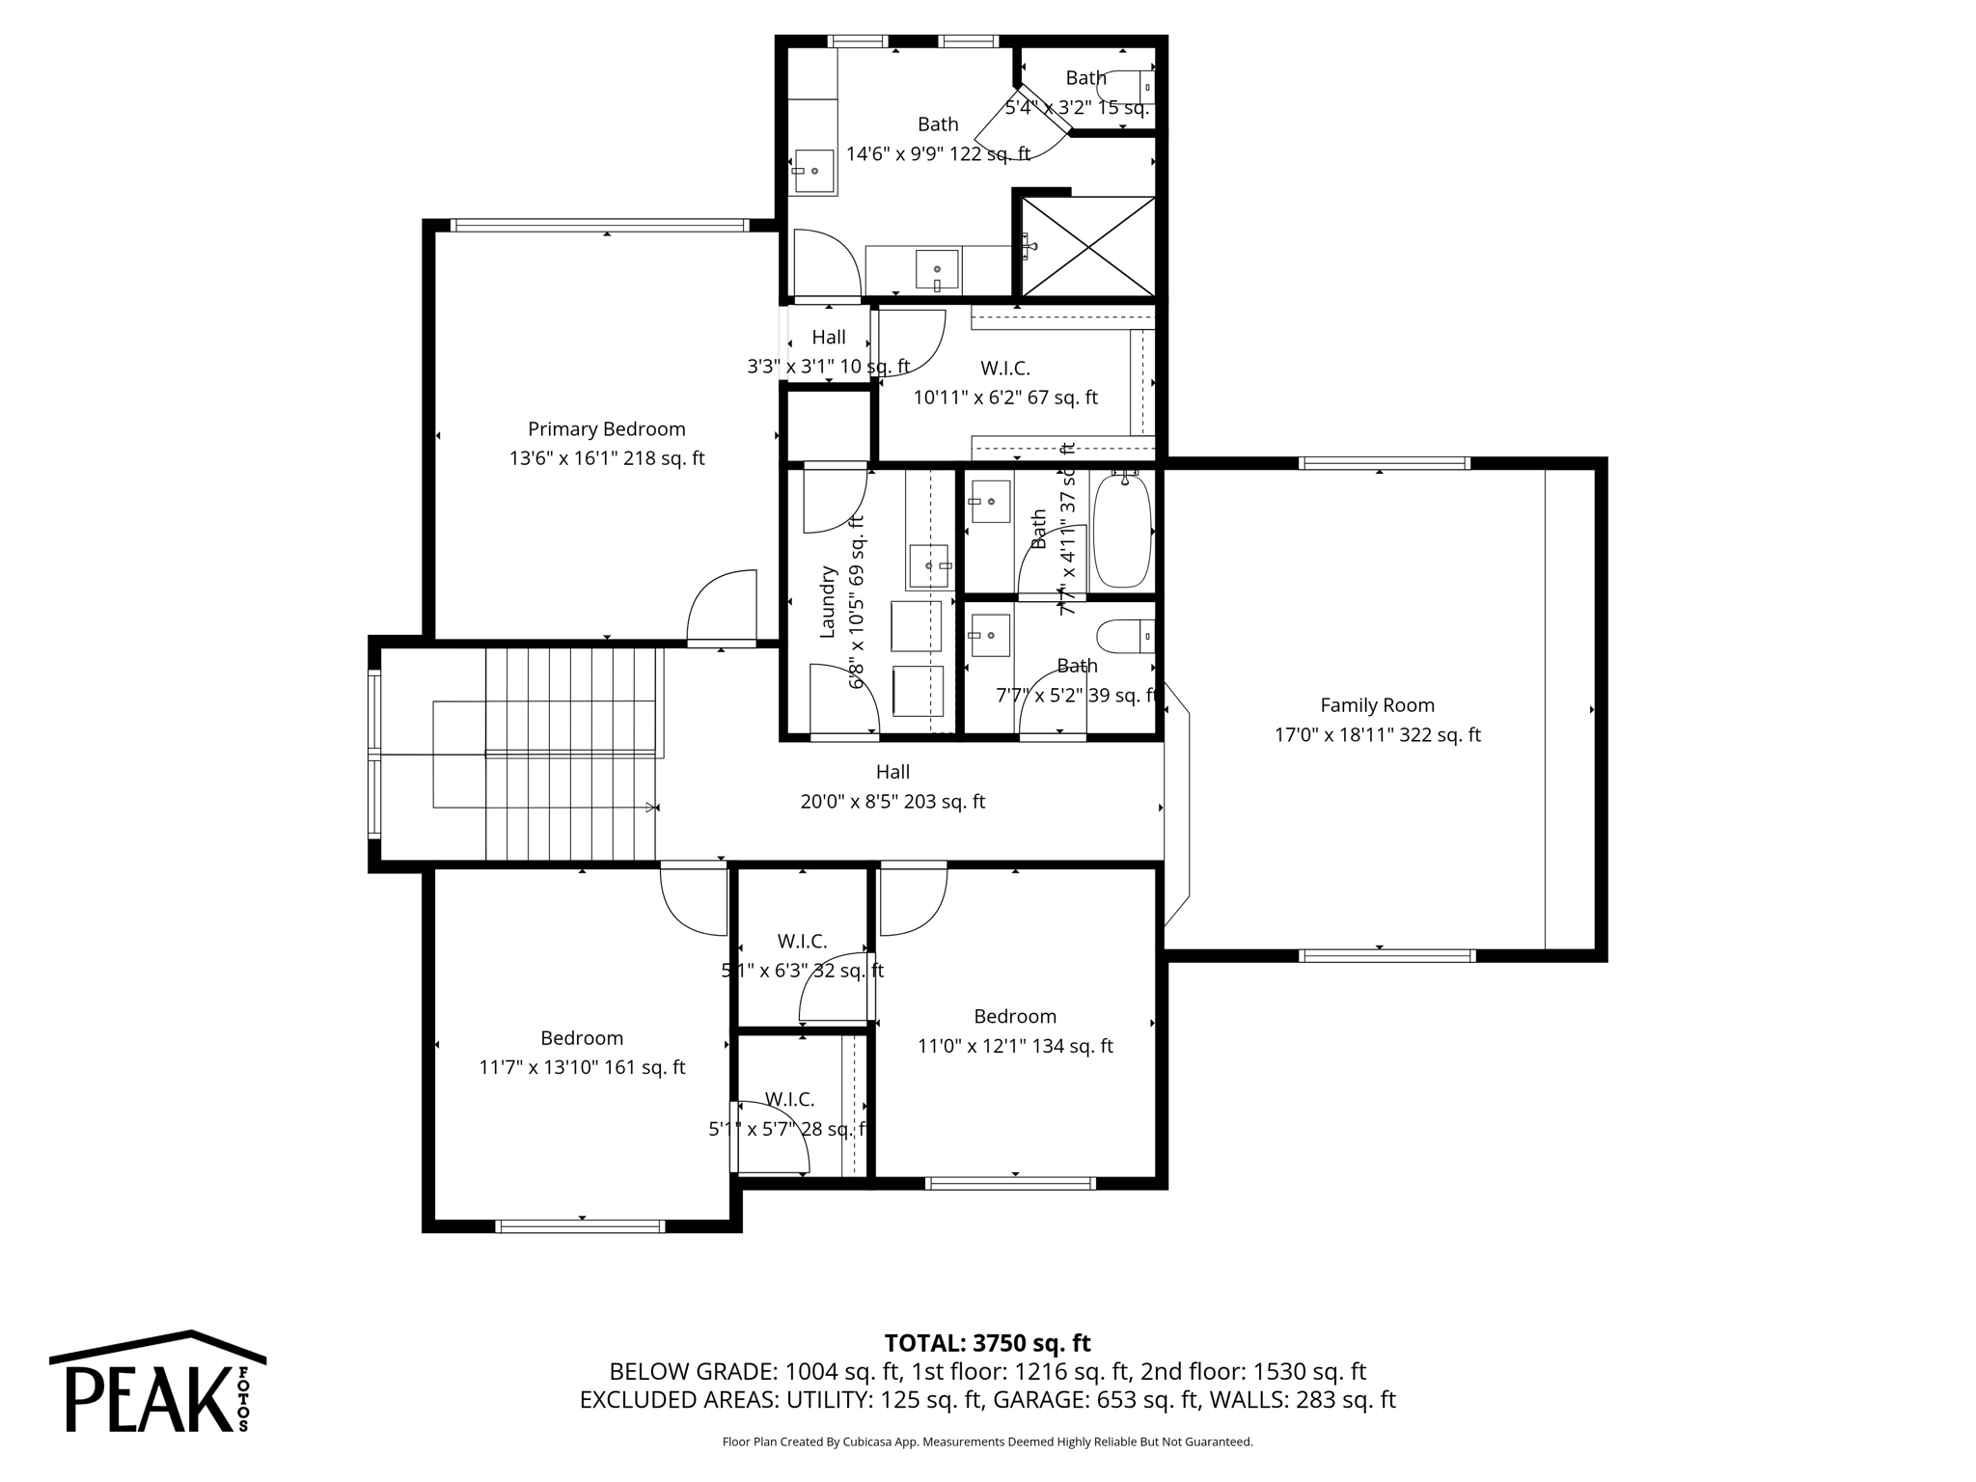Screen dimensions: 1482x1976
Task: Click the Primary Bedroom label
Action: pos(606,429)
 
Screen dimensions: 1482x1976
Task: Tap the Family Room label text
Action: pos(1377,705)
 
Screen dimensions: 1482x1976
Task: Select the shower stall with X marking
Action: pos(1087,246)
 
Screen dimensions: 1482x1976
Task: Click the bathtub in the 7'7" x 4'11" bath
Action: pos(1123,530)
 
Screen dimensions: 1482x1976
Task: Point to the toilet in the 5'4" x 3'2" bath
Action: pos(1127,88)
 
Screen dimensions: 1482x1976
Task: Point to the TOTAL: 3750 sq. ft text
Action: pos(987,1343)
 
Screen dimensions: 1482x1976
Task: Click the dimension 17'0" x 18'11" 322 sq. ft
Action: pos(1377,735)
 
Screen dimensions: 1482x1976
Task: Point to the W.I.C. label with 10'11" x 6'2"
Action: pos(1004,368)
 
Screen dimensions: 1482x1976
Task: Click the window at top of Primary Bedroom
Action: pos(600,226)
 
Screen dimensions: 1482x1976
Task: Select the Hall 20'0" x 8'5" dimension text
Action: pos(892,802)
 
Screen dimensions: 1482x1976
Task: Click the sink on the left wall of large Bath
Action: pos(814,172)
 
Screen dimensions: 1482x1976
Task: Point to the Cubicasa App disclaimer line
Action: pos(987,1442)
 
